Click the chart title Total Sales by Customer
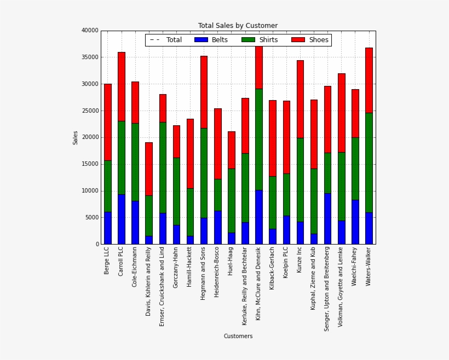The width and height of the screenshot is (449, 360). click(x=238, y=26)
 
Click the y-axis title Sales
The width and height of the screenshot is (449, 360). click(x=76, y=137)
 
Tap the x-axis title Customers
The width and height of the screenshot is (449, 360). click(x=238, y=336)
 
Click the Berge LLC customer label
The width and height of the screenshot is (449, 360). click(x=107, y=260)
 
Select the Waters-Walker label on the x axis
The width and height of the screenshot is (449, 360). click(x=369, y=266)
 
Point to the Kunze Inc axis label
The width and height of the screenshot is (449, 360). click(x=300, y=263)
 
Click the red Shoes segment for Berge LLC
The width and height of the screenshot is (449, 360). click(x=108, y=122)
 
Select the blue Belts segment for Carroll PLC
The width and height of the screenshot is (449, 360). click(x=122, y=219)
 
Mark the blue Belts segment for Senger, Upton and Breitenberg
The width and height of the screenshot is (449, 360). click(x=327, y=218)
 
